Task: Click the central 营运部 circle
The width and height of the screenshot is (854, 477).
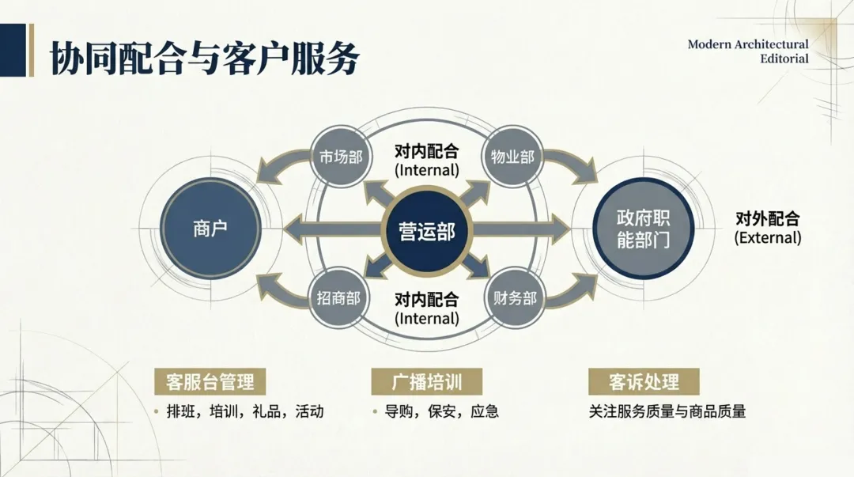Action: coord(427,231)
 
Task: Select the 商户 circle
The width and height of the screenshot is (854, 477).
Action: coord(210,229)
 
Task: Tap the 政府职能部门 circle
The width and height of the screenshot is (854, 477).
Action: coord(643,229)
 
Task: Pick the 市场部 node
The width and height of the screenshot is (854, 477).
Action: coord(340,157)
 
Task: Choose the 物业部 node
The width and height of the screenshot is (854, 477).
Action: coord(513,157)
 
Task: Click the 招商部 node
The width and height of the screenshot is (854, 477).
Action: coord(338,298)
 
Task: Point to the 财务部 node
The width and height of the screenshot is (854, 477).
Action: coord(515,298)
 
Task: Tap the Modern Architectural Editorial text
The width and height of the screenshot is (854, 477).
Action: coord(747,51)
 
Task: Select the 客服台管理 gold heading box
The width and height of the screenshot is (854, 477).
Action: coord(210,382)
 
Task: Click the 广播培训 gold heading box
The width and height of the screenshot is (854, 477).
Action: coord(427,382)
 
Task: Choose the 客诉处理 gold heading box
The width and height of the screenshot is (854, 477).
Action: coord(644,382)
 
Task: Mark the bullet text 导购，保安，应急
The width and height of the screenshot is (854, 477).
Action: coord(441,411)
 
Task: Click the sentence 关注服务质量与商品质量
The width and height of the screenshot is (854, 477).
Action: coord(667,411)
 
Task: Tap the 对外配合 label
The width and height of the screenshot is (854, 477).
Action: coord(767,218)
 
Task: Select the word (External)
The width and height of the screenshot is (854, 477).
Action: coord(767,237)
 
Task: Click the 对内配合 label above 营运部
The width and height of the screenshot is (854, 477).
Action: coord(426,151)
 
